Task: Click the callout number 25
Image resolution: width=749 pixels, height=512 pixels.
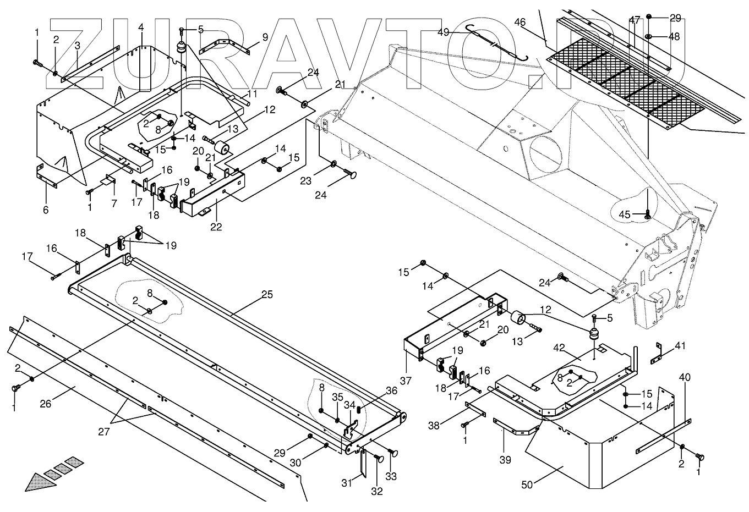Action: [x=267, y=295]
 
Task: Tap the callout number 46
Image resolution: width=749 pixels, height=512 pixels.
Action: [x=520, y=22]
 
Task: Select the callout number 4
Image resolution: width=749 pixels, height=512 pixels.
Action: [x=141, y=27]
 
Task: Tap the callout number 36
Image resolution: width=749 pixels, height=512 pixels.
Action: [x=391, y=390]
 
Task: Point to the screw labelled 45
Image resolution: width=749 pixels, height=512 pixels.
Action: [x=647, y=214]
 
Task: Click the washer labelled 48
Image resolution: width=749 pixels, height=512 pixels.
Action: [x=648, y=37]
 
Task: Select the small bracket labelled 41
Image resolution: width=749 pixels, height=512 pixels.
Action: [x=656, y=353]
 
